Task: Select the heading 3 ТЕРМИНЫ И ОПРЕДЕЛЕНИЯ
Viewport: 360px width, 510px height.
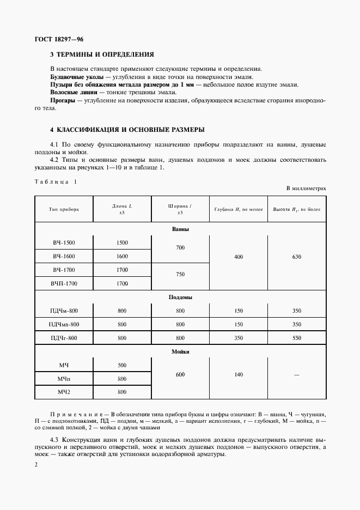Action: coord(102,54)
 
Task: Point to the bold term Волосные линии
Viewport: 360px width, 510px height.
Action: coord(69,93)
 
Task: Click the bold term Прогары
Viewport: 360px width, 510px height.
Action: coord(62,101)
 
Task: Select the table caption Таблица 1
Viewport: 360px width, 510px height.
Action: coord(56,181)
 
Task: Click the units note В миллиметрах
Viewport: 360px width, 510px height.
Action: coord(306,188)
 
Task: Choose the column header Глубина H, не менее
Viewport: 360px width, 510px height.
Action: coord(238,209)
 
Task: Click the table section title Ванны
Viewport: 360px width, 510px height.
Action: coord(180,229)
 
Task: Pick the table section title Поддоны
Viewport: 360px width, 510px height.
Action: coord(180,297)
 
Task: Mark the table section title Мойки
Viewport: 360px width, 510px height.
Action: coord(180,352)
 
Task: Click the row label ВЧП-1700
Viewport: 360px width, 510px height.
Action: coord(64,283)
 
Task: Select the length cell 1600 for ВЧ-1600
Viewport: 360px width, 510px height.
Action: coord(122,256)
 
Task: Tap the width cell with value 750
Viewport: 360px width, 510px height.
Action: coord(180,275)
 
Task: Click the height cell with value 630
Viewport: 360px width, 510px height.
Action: coord(296,256)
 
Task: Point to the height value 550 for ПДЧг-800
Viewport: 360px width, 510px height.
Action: coord(296,338)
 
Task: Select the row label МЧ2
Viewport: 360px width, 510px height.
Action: coord(64,392)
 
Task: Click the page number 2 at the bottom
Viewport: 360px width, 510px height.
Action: coord(36,465)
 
